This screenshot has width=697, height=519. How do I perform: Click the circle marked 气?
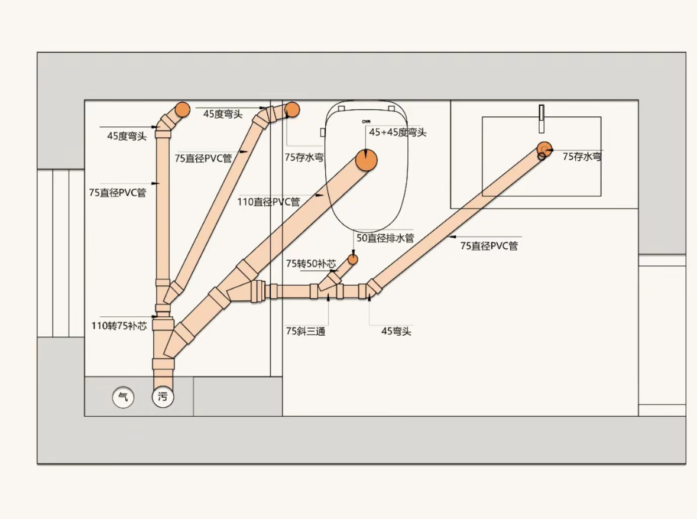pyautogui.click(x=124, y=397)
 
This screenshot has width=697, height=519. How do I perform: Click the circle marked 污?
pyautogui.click(x=163, y=397)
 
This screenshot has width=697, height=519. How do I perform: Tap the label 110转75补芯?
pyautogui.click(x=119, y=326)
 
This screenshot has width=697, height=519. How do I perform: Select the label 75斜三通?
pyautogui.click(x=306, y=331)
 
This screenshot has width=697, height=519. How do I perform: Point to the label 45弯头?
pyautogui.click(x=396, y=331)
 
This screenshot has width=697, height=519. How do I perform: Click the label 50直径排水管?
pyautogui.click(x=385, y=238)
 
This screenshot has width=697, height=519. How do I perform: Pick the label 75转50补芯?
pyautogui.click(x=311, y=263)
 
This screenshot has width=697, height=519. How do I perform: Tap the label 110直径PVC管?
pyautogui.click(x=268, y=202)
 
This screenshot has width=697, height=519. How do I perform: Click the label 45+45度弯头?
pyautogui.click(x=398, y=132)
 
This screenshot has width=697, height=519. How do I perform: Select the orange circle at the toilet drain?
pyautogui.click(x=367, y=160)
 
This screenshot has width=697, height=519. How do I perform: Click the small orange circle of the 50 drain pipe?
pyautogui.click(x=353, y=259)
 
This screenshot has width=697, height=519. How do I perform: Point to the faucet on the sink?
pyautogui.click(x=541, y=118)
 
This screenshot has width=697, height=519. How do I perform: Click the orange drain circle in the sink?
pyautogui.click(x=544, y=148)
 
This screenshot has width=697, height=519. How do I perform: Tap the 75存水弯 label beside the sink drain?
pyautogui.click(x=582, y=157)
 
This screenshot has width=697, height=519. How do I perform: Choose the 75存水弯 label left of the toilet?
pyautogui.click(x=304, y=157)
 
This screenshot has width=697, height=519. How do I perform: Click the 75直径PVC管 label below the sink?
pyautogui.click(x=489, y=245)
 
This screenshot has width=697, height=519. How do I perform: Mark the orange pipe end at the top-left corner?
pyautogui.click(x=182, y=109)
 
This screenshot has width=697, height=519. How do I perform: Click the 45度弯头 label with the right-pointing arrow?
pyautogui.click(x=223, y=114)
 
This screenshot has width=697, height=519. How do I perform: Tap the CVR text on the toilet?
pyautogui.click(x=367, y=121)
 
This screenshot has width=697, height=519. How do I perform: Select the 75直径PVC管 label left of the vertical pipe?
pyautogui.click(x=118, y=193)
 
